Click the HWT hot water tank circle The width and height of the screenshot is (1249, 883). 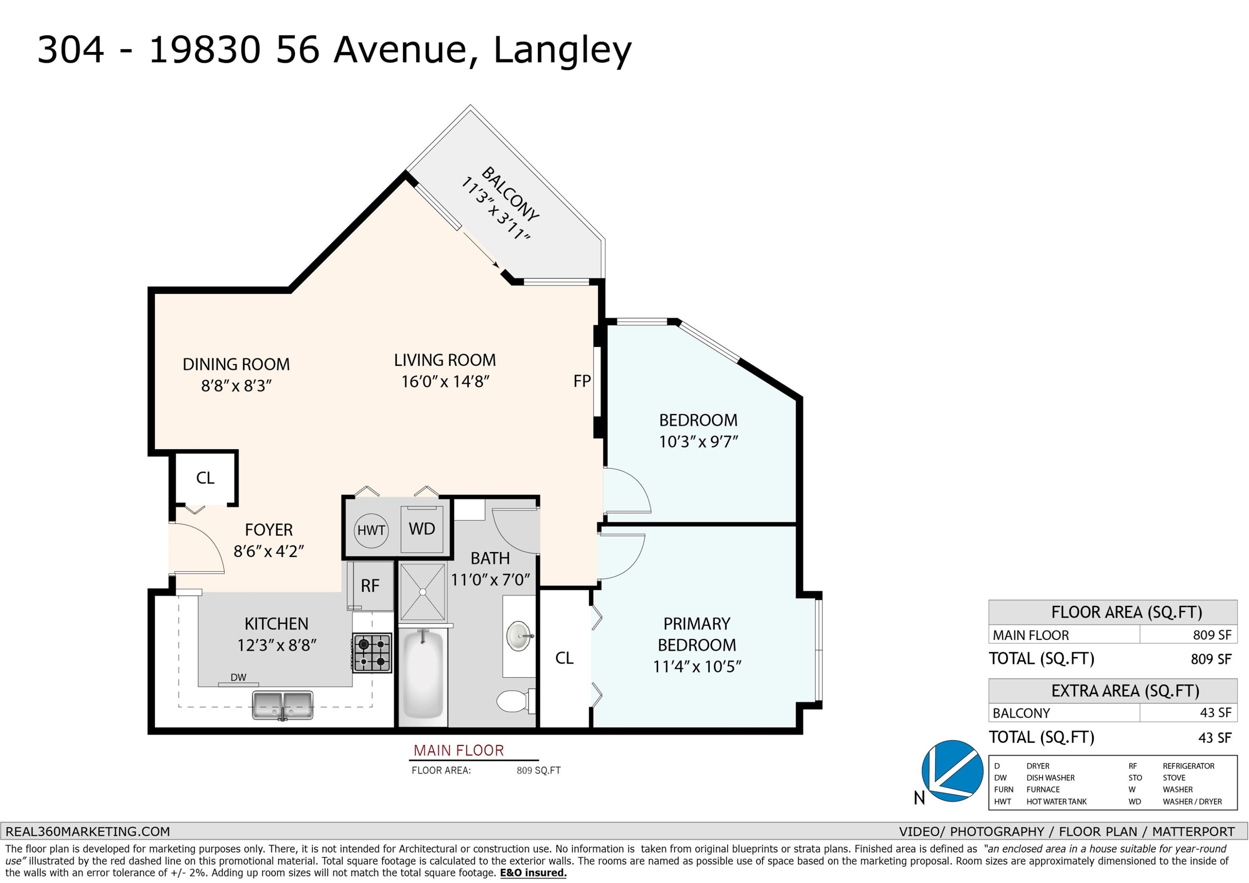[x=371, y=530]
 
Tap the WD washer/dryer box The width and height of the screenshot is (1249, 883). [x=422, y=530]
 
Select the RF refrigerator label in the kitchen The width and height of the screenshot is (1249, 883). [x=370, y=586]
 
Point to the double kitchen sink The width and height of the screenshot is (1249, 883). [x=283, y=705]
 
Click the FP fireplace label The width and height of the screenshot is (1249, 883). [x=582, y=381]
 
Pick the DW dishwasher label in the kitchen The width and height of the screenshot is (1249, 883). [x=238, y=677]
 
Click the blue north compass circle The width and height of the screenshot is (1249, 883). [x=952, y=771]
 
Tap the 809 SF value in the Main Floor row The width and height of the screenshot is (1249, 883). [x=1211, y=635]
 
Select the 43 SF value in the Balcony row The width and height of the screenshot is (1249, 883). [x=1215, y=713]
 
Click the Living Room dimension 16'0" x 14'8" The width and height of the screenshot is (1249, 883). [x=445, y=381]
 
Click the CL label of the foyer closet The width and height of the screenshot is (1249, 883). [x=205, y=478]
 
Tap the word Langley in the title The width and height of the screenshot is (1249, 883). [x=562, y=51]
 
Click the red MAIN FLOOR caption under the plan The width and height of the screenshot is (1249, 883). [x=458, y=751]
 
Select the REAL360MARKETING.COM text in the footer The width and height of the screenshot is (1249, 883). [x=87, y=831]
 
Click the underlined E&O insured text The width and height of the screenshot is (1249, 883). [x=533, y=873]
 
